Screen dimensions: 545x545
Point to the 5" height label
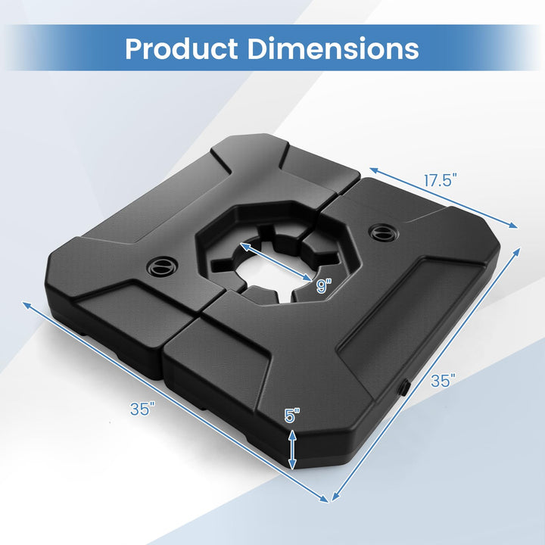[292, 416]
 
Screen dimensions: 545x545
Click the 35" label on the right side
[443, 381]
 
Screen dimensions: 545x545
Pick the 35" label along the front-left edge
[142, 409]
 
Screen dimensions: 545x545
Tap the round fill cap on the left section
[161, 266]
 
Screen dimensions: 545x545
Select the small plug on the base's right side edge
[403, 387]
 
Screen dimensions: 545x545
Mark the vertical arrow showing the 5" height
[293, 447]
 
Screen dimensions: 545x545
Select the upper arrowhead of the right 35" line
[521, 250]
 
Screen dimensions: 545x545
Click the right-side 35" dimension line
[426, 374]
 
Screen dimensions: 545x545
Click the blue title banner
[272, 48]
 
